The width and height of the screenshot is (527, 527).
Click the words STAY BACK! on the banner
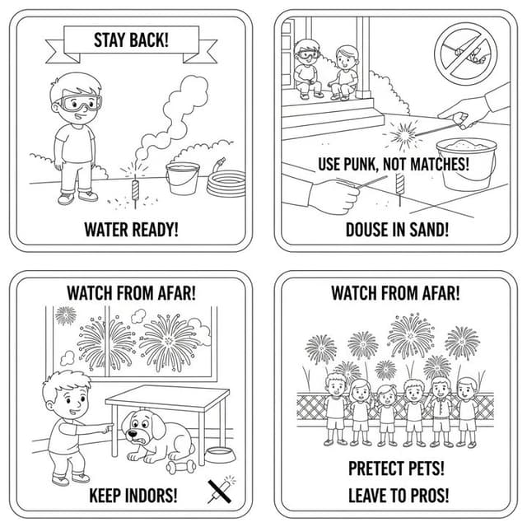point(131,40)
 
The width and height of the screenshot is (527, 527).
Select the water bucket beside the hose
point(183,178)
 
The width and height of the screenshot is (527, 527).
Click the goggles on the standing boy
point(80,103)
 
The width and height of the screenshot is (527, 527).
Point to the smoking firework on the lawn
point(135,190)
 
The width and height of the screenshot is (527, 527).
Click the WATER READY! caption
point(131,230)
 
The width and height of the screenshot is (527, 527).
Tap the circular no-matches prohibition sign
point(466,54)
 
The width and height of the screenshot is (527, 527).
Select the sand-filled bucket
point(467,164)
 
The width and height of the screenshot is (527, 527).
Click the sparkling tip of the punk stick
point(403,135)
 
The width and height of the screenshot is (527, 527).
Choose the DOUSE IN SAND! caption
point(397,230)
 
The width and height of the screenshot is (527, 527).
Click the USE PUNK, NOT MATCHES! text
point(394,164)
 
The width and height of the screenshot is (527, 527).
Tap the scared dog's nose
point(133,433)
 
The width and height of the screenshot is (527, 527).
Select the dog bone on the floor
point(181,467)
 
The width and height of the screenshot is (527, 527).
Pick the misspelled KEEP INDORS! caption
point(133,496)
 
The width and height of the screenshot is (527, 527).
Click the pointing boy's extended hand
point(107,428)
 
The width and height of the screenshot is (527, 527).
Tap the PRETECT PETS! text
point(396,469)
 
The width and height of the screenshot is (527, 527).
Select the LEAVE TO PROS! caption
point(399,496)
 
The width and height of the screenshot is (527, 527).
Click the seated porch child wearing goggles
point(306,70)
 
